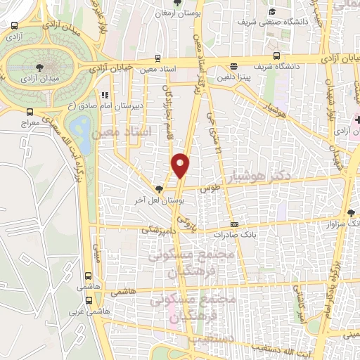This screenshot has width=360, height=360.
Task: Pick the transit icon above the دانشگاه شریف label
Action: click(x=277, y=56)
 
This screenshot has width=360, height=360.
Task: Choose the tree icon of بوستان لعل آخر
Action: click(x=160, y=188)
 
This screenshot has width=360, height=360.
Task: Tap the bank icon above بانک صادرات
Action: click(x=234, y=225)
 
